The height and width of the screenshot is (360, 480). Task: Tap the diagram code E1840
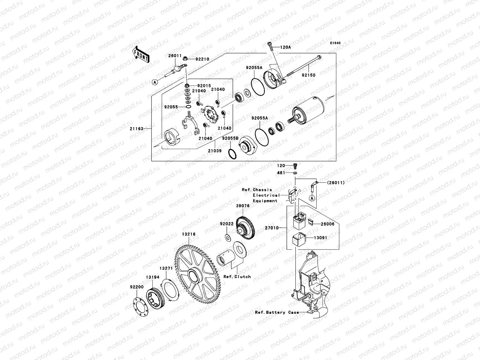coord(335,43)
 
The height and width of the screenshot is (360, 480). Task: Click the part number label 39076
coord(243,206)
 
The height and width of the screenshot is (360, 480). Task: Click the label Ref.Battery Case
coord(277,312)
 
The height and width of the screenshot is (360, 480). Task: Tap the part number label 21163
coord(136,129)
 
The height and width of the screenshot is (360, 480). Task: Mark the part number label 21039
coord(215,151)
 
